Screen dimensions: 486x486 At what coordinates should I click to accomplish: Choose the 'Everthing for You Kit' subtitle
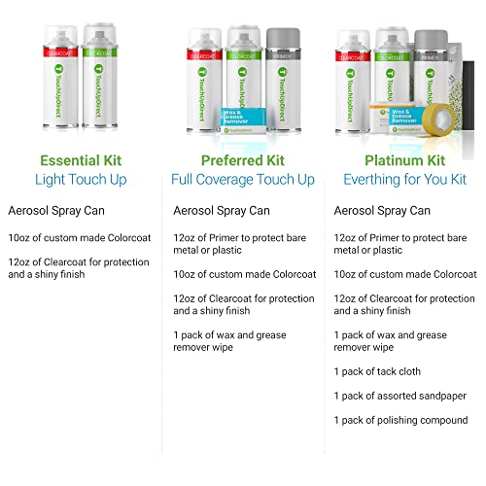[404, 179]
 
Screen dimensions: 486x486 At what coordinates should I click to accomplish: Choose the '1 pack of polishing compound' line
[400, 420]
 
